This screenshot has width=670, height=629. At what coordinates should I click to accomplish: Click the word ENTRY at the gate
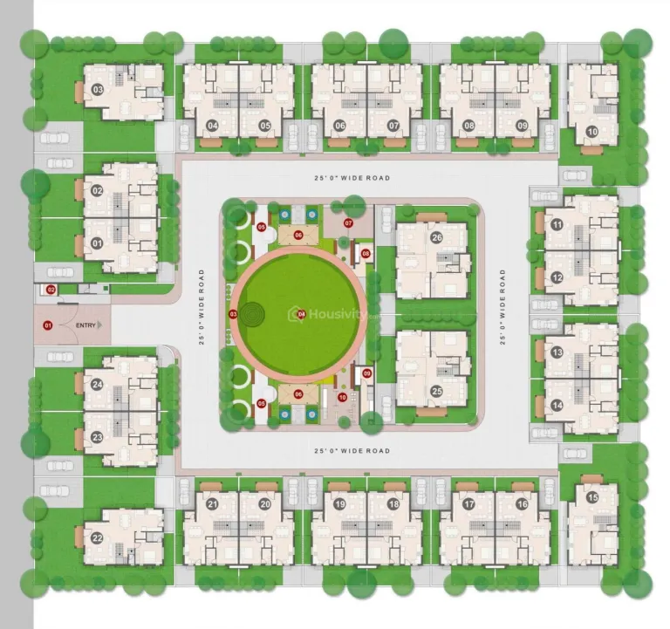coord(86,325)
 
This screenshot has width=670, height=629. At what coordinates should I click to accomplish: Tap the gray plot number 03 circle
coord(98,90)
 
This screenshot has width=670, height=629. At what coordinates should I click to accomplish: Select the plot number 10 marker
coord(591,132)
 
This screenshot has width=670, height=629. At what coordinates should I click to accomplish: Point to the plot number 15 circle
coord(592,498)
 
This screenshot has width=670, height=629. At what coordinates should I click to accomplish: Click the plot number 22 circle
coord(97,538)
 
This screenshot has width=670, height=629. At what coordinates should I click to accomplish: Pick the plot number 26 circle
coord(436,236)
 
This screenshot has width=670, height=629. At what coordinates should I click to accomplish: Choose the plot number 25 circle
coord(436,391)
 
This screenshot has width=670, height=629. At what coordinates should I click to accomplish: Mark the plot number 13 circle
coord(557,352)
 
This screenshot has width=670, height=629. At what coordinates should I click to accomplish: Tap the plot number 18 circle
coord(393,504)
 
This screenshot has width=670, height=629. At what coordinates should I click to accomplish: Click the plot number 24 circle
coord(97,385)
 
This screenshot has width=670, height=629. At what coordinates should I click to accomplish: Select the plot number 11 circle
coord(557,224)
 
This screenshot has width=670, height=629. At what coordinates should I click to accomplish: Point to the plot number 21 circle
coord(212,504)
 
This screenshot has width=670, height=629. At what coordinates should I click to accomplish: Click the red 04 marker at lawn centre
coord(301,314)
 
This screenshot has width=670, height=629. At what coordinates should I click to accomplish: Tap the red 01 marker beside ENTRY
coord(48,325)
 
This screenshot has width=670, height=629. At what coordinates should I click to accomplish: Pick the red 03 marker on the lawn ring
coord(233,313)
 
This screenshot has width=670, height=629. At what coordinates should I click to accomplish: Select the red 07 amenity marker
coord(348,223)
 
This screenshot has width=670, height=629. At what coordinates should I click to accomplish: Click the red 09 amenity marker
coord(366,373)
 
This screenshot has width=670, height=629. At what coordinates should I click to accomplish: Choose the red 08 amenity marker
coord(366,254)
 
